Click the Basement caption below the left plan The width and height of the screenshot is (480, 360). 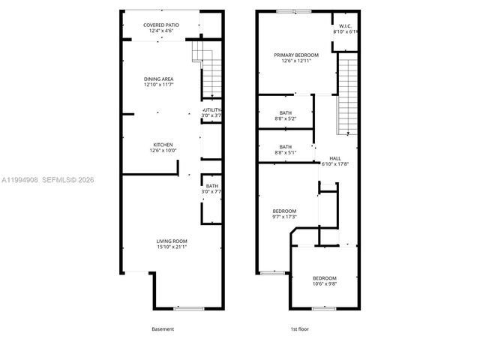point(162,329)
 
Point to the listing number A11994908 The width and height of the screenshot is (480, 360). point(18,179)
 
